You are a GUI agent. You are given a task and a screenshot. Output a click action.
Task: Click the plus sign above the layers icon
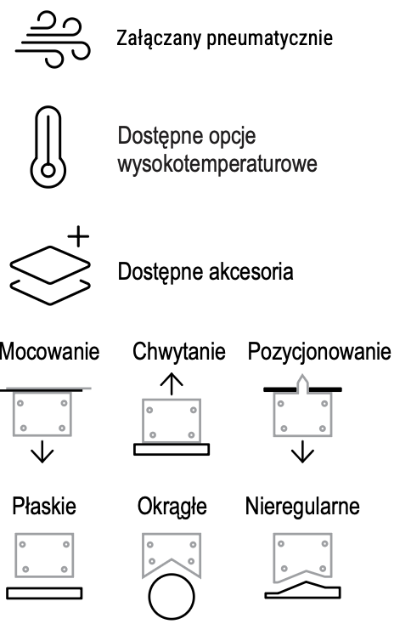point(78,236)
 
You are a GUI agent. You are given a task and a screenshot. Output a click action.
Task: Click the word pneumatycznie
point(269,39)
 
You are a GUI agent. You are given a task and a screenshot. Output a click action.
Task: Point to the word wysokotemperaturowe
point(217,164)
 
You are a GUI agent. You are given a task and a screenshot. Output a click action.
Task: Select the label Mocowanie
point(49,352)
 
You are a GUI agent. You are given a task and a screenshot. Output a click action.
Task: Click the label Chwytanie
point(179,352)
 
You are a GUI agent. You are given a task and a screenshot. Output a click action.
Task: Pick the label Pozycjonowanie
point(319,352)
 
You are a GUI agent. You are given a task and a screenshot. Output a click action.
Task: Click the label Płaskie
point(44,506)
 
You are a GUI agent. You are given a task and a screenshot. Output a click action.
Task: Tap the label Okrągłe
point(172,507)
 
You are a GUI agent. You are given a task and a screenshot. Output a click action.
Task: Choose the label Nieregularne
point(302,506)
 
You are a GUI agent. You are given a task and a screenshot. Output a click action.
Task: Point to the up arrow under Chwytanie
point(172,383)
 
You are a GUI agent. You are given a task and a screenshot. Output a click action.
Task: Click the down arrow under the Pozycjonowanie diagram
point(302,451)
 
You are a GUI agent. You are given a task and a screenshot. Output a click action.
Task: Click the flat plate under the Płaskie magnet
point(44,593)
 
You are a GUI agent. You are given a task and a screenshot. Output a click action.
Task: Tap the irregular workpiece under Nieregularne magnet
point(302,591)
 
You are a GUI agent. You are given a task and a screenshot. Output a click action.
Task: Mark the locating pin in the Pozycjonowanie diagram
point(302,383)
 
